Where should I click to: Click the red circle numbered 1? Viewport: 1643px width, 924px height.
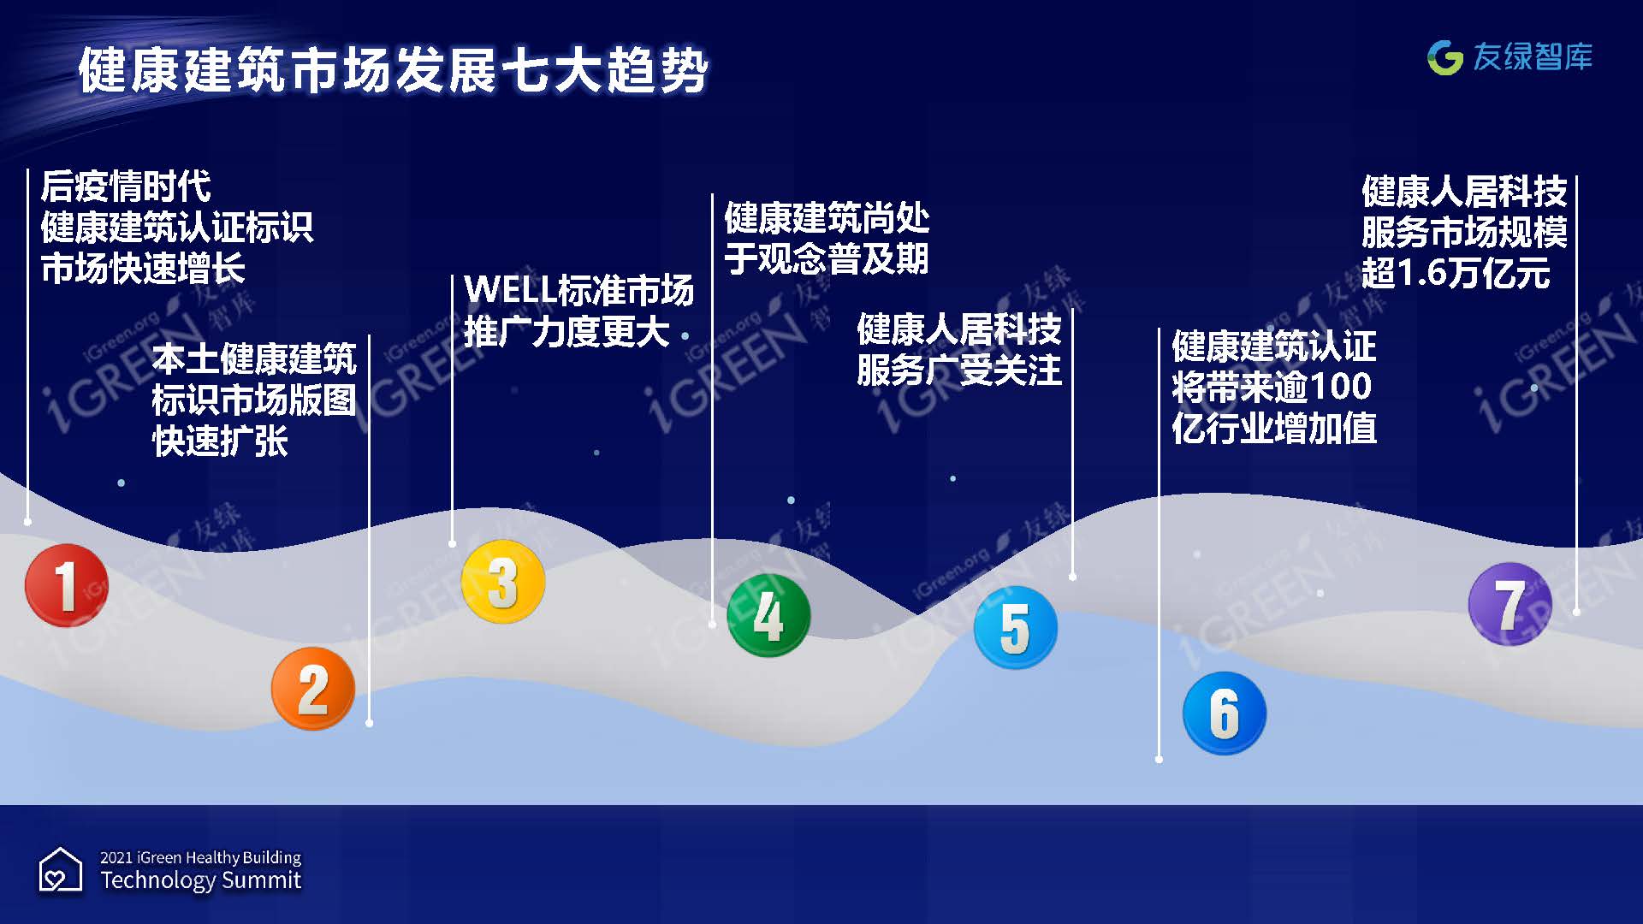tap(67, 585)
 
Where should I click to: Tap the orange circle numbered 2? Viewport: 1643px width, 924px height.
tap(313, 689)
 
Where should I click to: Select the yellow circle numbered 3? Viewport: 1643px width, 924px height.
tap(503, 582)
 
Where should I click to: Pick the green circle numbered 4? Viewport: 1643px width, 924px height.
tap(768, 615)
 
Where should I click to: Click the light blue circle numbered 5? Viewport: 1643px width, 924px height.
tap(1016, 628)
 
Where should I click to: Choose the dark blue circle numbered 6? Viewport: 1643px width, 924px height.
tap(1225, 714)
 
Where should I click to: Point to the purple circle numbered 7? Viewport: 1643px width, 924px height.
tap(1510, 604)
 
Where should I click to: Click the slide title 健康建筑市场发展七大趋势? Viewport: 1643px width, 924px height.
tap(394, 70)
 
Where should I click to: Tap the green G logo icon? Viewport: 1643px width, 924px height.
tap(1445, 57)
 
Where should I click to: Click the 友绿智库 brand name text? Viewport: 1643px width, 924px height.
tap(1533, 57)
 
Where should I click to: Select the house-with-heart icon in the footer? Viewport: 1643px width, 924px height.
tap(61, 870)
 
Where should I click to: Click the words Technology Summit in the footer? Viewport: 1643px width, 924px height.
tap(201, 880)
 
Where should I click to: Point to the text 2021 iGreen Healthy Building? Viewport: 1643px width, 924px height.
tap(201, 857)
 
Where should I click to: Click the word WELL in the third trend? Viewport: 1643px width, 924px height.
tap(510, 290)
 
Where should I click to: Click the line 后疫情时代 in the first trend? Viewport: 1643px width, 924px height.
tap(126, 187)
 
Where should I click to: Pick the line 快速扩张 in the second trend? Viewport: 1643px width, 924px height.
tap(220, 441)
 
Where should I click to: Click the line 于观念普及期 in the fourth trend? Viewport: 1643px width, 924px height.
tap(827, 258)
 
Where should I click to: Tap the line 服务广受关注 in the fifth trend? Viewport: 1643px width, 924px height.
tap(959, 370)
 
